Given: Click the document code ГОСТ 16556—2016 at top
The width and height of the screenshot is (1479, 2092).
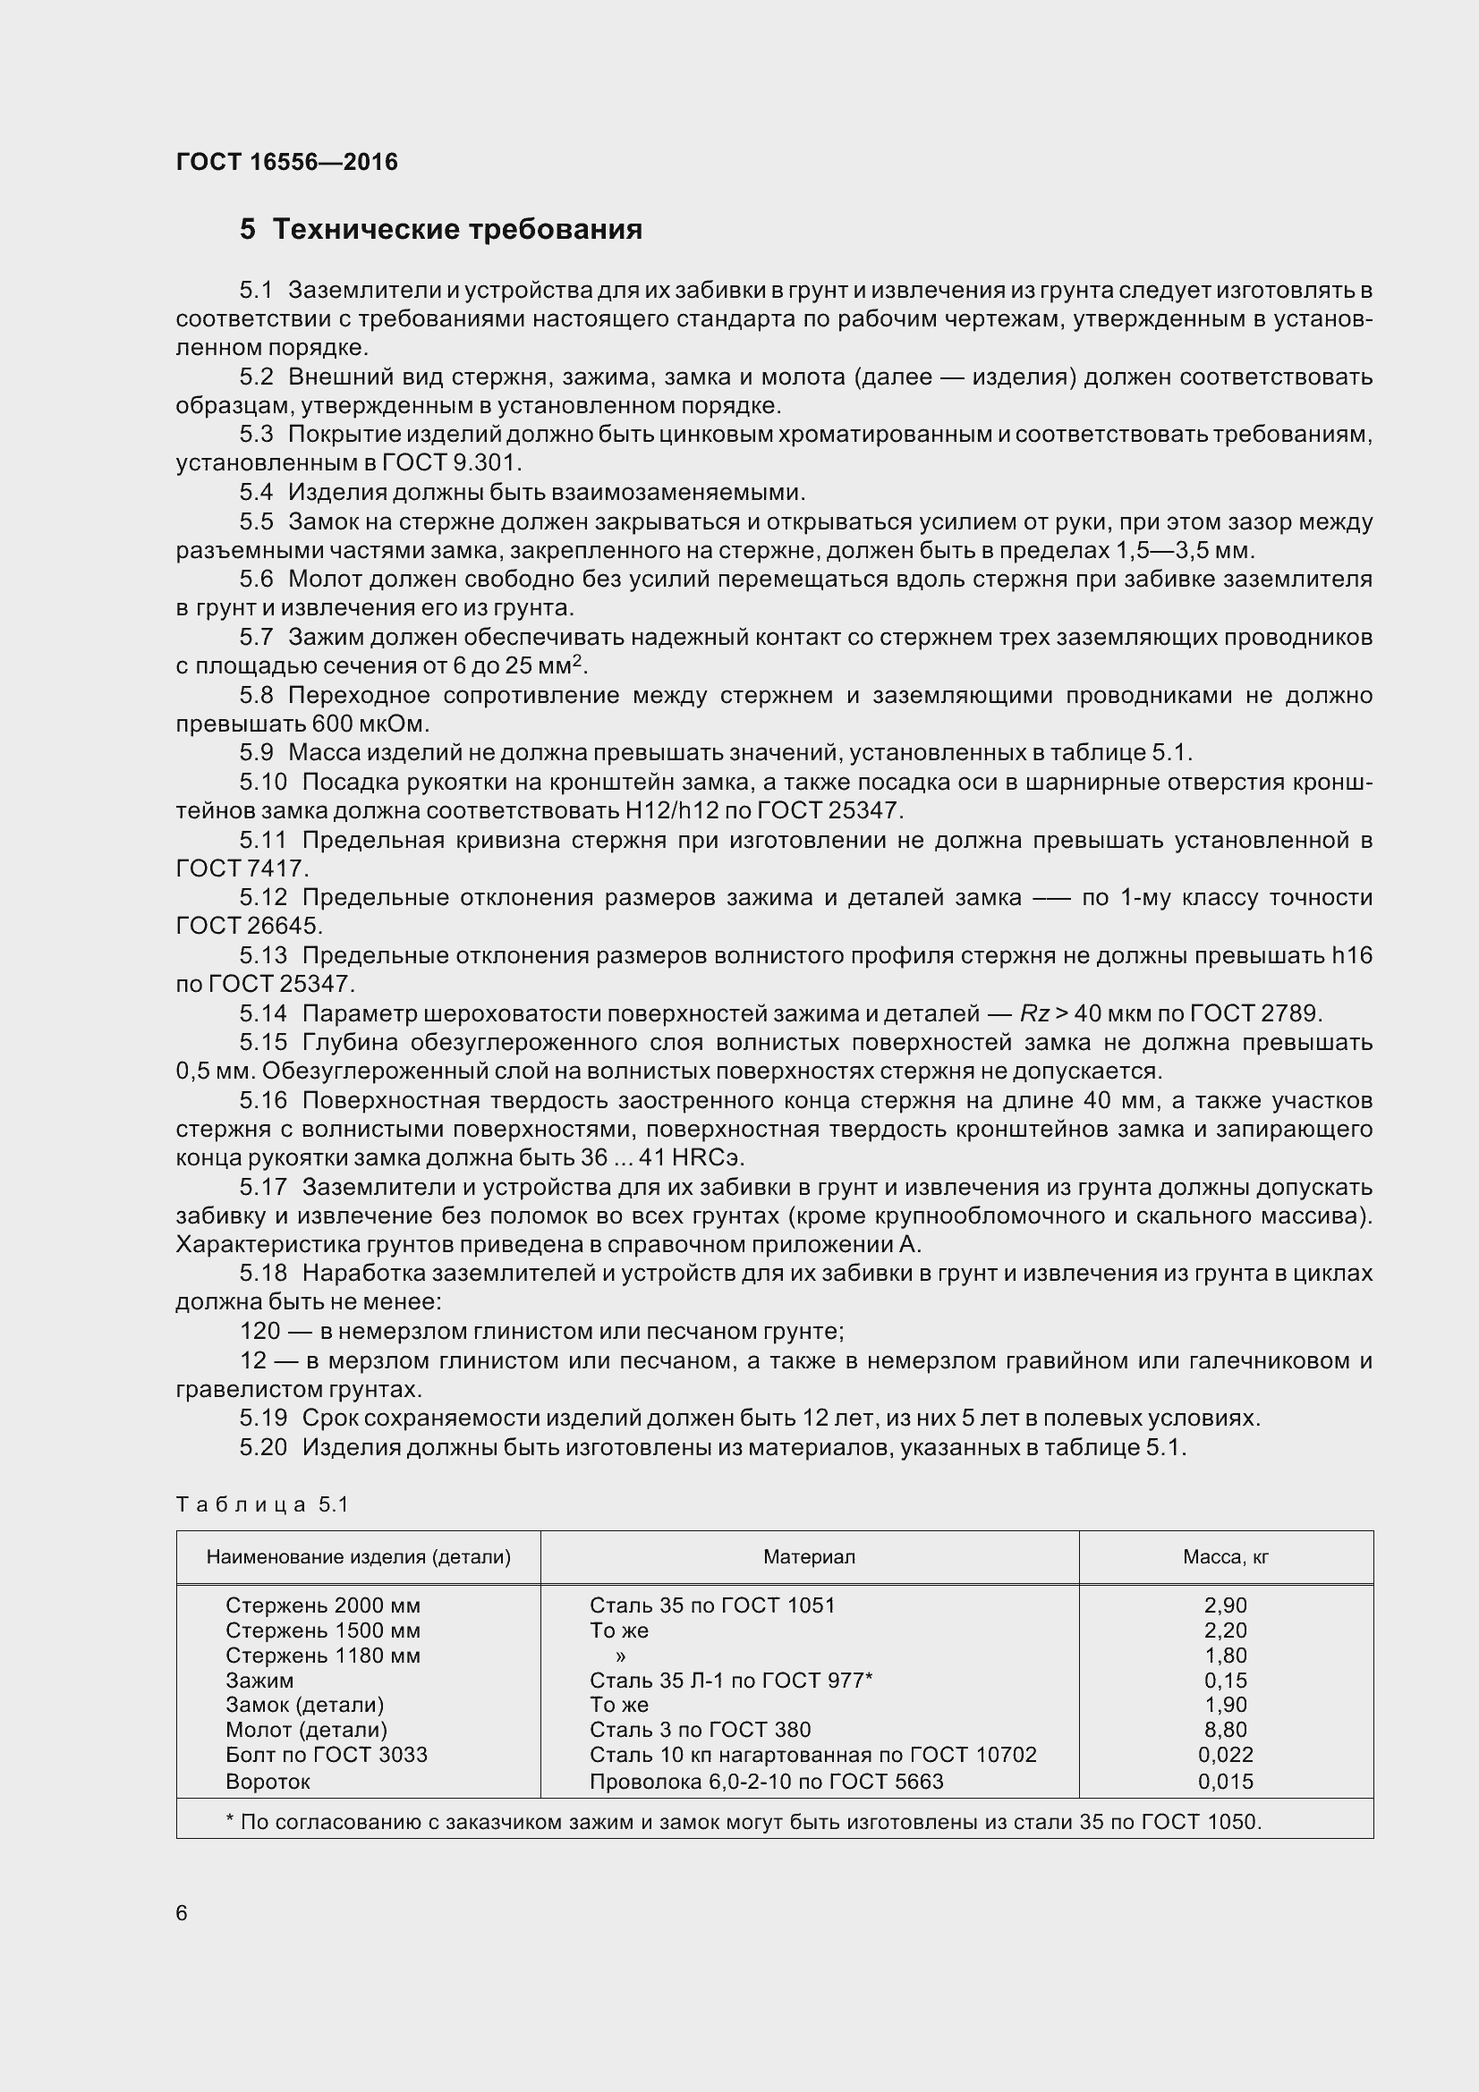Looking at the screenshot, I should click(x=286, y=162).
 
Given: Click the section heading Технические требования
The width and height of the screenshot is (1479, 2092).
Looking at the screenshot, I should click(x=456, y=230).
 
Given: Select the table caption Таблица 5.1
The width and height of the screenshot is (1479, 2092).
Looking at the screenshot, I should click(x=262, y=1503).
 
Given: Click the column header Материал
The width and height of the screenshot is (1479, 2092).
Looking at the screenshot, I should click(x=808, y=1556).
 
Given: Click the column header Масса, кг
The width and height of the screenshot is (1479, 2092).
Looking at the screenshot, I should click(x=1225, y=1556).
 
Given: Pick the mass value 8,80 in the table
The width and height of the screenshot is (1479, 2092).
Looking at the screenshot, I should click(x=1225, y=1730).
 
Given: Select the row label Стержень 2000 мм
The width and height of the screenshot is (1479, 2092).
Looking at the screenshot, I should click(x=323, y=1605).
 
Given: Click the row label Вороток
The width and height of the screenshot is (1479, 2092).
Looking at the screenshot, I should click(x=268, y=1781).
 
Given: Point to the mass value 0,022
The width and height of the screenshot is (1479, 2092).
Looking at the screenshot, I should click(x=1225, y=1754).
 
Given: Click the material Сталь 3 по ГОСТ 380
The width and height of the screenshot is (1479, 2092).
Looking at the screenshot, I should click(x=700, y=1730).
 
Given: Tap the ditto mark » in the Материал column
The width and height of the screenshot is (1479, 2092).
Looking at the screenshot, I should click(x=621, y=1656).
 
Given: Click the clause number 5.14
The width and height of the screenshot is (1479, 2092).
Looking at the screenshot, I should click(x=263, y=1013).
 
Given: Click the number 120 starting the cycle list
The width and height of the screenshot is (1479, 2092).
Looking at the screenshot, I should click(x=259, y=1331).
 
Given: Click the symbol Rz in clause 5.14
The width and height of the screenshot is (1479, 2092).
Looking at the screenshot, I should click(x=1034, y=1013).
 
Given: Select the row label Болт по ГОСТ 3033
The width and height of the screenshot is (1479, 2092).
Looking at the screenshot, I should click(x=327, y=1754).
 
